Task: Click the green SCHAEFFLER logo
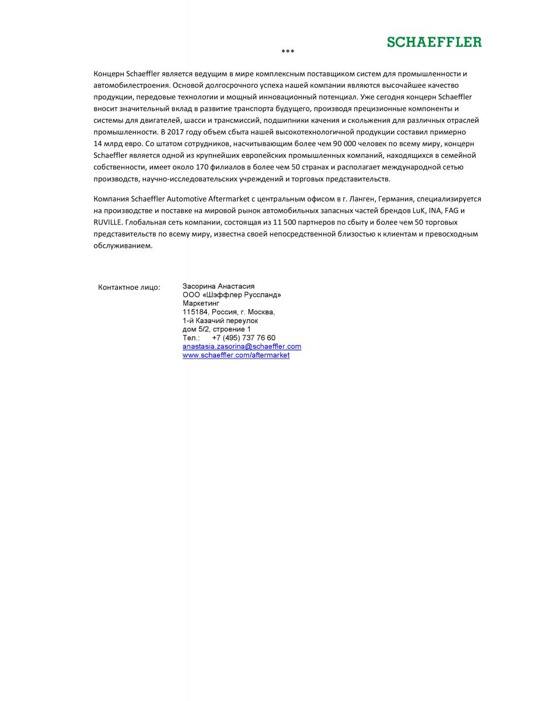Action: point(434,42)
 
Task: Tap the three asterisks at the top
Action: point(288,52)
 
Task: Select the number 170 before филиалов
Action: point(203,167)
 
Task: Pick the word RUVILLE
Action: point(108,222)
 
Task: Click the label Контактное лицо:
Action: point(129,287)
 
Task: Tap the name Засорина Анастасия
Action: point(219,287)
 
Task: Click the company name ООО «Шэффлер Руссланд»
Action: point(232,295)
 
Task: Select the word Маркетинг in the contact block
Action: point(201,304)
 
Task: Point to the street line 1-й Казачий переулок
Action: point(220,321)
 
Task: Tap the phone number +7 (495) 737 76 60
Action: point(243,338)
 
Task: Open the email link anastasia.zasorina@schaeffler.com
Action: point(242,346)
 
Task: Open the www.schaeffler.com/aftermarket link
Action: point(236,355)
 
